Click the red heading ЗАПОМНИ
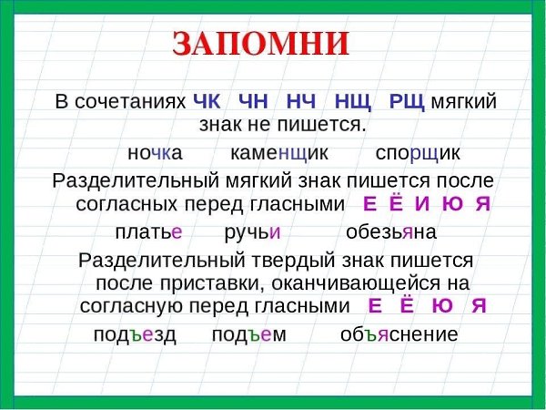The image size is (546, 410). tap(260, 44)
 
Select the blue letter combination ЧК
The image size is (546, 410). tap(207, 102)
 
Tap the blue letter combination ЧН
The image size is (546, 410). tap(254, 102)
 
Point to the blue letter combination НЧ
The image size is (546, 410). tap(301, 102)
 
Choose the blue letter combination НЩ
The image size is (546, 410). tap(353, 102)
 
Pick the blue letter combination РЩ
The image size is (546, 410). tap(407, 102)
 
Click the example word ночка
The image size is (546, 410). tap(155, 153)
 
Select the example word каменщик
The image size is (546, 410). tap(279, 153)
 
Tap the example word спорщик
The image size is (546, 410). tap(418, 154)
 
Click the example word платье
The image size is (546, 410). tap(148, 231)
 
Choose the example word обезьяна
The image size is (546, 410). tap(391, 231)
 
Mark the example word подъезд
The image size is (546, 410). tap(135, 334)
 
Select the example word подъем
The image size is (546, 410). tap(249, 334)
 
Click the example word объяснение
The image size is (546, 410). tap(399, 334)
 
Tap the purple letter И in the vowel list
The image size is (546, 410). tap(422, 204)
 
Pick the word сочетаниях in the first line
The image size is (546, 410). tap(130, 102)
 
